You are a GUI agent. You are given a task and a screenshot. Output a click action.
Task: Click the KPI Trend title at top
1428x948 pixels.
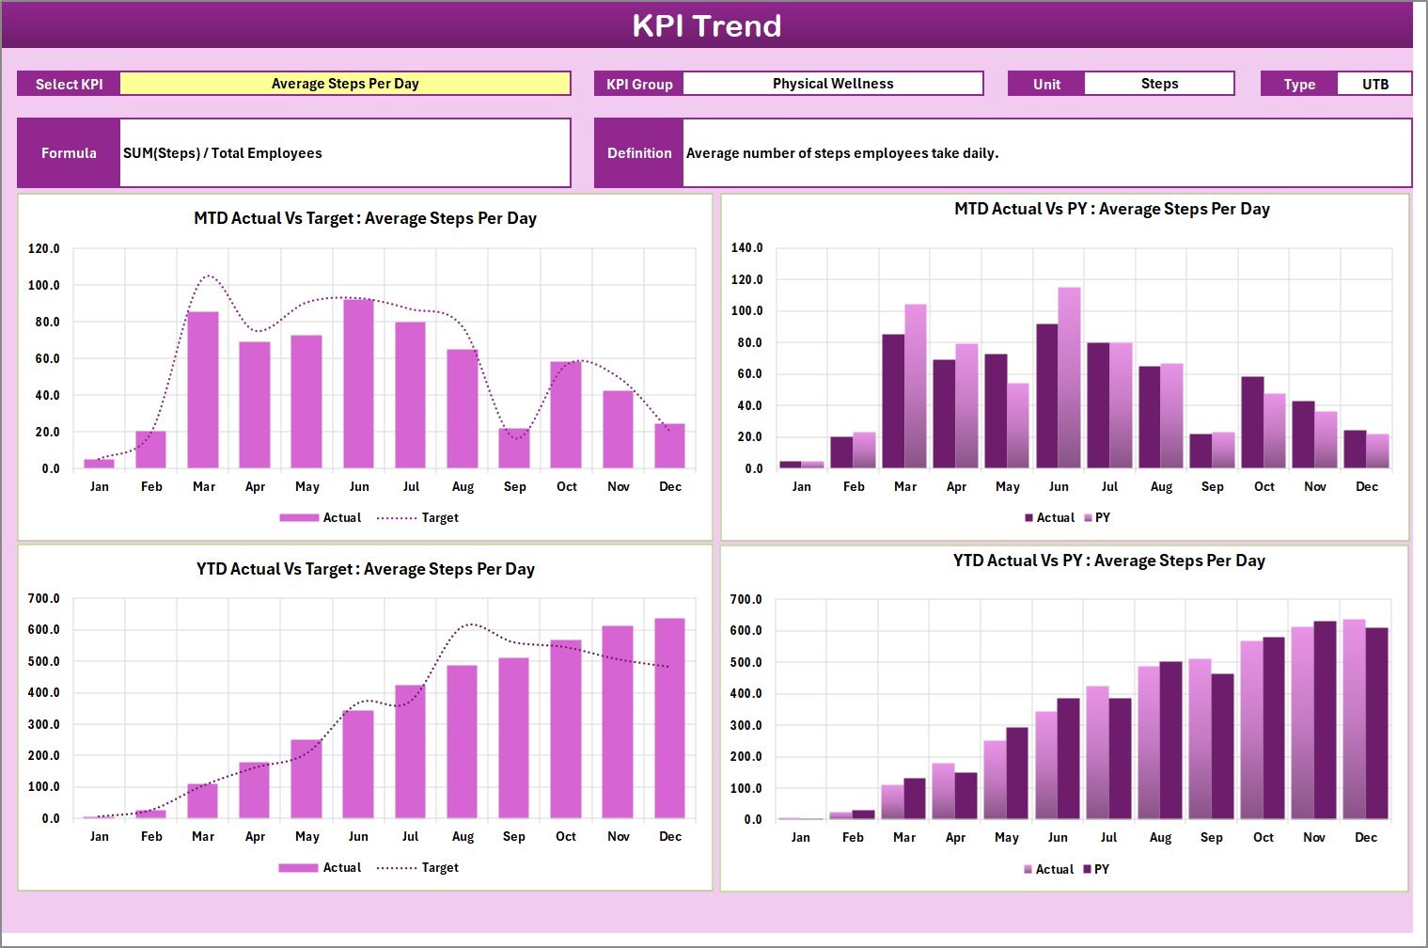[706, 25]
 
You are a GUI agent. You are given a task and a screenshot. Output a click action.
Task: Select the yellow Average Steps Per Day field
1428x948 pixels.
[345, 84]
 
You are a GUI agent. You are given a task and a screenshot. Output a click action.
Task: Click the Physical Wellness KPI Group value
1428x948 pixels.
[832, 84]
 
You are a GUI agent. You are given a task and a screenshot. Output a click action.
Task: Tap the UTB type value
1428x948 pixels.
[1374, 84]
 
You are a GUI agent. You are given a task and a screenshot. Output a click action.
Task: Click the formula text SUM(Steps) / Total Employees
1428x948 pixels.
[223, 153]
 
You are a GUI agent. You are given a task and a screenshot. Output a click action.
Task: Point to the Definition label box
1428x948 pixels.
[639, 153]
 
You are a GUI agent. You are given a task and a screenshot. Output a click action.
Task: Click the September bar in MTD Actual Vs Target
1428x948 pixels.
[514, 449]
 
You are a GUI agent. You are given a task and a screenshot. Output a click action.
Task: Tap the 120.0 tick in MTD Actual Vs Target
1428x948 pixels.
[44, 249]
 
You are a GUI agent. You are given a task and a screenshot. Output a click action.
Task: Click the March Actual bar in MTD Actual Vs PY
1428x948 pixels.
[893, 402]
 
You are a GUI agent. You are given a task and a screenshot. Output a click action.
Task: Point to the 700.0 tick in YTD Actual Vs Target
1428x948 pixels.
[44, 599]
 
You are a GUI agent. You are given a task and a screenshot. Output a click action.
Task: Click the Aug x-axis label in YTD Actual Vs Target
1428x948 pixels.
[463, 837]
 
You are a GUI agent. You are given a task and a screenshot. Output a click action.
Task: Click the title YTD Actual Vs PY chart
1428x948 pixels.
[1108, 561]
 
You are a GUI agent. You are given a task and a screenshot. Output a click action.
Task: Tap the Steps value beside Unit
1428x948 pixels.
[1159, 84]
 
